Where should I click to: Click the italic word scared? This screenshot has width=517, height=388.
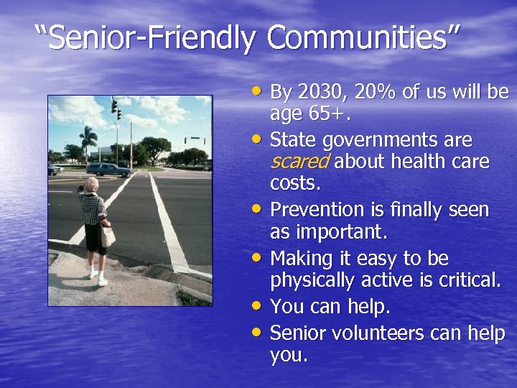[299, 162]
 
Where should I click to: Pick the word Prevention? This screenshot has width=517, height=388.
[318, 210]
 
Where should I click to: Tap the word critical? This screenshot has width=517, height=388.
[468, 280]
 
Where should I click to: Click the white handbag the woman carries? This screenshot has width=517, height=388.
[108, 235]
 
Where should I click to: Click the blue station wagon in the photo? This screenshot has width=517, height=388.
[108, 169]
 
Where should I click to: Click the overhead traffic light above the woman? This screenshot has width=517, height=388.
[116, 108]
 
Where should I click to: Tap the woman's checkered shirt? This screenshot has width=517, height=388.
[93, 208]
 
